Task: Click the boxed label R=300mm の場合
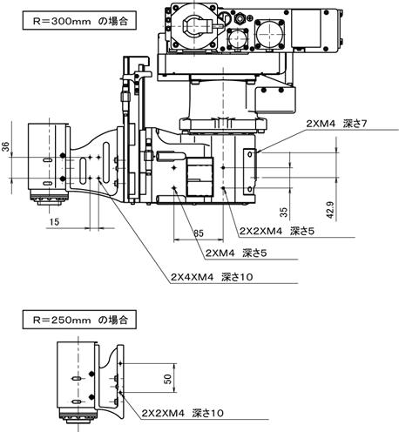[x=79, y=20]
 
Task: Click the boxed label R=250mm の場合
[x=79, y=320]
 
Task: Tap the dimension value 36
[x=6, y=146]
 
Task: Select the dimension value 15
[x=54, y=222]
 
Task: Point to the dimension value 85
[x=199, y=233]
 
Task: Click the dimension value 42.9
[x=330, y=210]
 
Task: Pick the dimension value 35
[x=284, y=212]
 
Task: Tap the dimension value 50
[x=168, y=379]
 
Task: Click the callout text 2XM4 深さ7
[x=336, y=124]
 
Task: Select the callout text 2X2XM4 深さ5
[x=277, y=231]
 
